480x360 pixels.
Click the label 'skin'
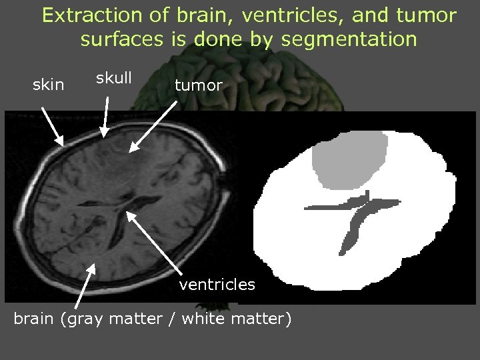(49, 85)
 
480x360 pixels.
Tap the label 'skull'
(113, 78)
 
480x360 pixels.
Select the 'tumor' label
(198, 85)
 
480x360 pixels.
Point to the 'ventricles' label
(217, 285)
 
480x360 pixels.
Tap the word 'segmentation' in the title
(349, 39)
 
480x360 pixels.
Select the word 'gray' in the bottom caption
(81, 319)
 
